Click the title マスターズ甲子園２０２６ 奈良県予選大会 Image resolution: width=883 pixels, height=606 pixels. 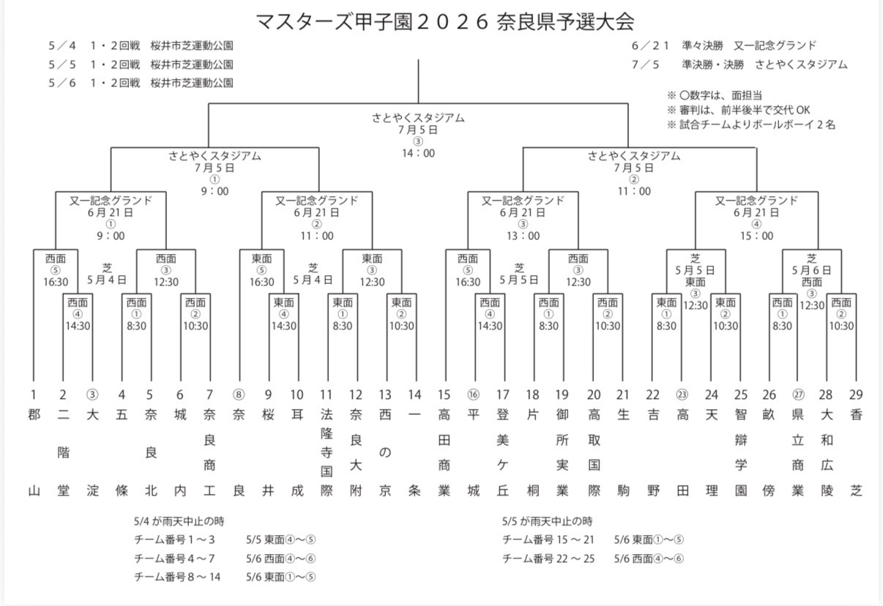click(x=444, y=21)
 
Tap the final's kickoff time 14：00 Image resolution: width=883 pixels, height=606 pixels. click(x=418, y=154)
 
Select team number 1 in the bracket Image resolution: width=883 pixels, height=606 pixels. click(x=34, y=395)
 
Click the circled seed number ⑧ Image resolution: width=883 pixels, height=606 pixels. click(x=239, y=395)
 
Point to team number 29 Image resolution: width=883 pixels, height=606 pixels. click(x=856, y=395)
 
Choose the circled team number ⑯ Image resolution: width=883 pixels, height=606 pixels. click(x=474, y=395)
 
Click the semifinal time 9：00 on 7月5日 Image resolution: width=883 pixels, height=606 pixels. click(x=215, y=192)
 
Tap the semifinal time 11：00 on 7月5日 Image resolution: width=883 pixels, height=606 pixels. click(x=634, y=192)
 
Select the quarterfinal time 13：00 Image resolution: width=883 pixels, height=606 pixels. click(x=524, y=236)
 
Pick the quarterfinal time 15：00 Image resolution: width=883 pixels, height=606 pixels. click(x=757, y=236)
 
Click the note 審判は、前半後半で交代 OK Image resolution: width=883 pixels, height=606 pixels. click(x=739, y=111)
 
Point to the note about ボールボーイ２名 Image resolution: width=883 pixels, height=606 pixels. click(x=751, y=125)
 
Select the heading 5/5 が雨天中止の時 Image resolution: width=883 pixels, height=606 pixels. click(x=548, y=522)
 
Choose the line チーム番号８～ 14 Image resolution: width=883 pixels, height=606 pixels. click(x=178, y=577)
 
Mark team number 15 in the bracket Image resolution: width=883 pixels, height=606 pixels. click(x=444, y=395)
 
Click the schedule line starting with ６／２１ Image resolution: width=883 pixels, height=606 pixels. click(x=723, y=46)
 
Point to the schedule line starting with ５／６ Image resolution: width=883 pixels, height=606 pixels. click(x=141, y=83)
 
